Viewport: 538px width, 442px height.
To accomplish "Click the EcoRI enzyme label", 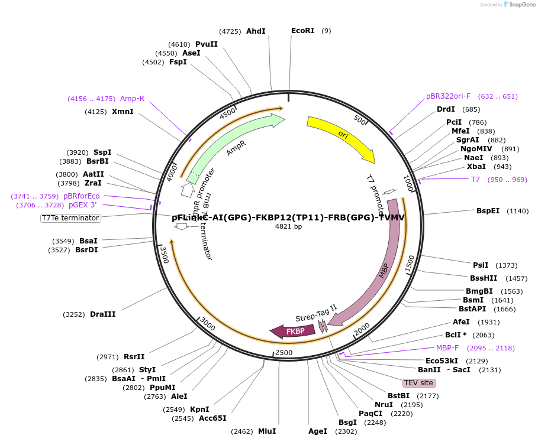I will click(x=302, y=31).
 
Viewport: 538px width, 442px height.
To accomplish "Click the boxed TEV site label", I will click(x=418, y=383).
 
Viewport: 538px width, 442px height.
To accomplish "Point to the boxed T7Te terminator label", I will click(x=70, y=218).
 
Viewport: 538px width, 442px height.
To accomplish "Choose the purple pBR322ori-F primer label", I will click(x=448, y=96).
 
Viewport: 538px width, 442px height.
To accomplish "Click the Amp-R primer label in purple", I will click(x=132, y=99).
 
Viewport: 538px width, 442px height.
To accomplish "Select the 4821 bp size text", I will click(x=288, y=226).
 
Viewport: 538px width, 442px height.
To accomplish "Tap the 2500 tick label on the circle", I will click(x=284, y=353).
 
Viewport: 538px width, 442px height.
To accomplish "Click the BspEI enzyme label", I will click(x=488, y=211).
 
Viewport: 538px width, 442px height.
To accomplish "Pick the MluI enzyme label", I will click(x=266, y=431).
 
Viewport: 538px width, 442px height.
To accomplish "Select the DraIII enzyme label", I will click(x=102, y=314).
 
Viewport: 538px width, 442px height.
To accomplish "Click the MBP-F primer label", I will click(x=447, y=348).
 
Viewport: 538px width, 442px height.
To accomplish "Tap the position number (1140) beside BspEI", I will click(x=518, y=211).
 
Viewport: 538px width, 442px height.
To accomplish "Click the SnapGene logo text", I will click(x=521, y=5).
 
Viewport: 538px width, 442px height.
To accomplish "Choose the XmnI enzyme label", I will click(x=123, y=112).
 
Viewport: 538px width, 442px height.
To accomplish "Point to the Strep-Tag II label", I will click(x=316, y=313).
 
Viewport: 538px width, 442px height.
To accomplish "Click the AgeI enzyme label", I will click(x=318, y=431).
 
